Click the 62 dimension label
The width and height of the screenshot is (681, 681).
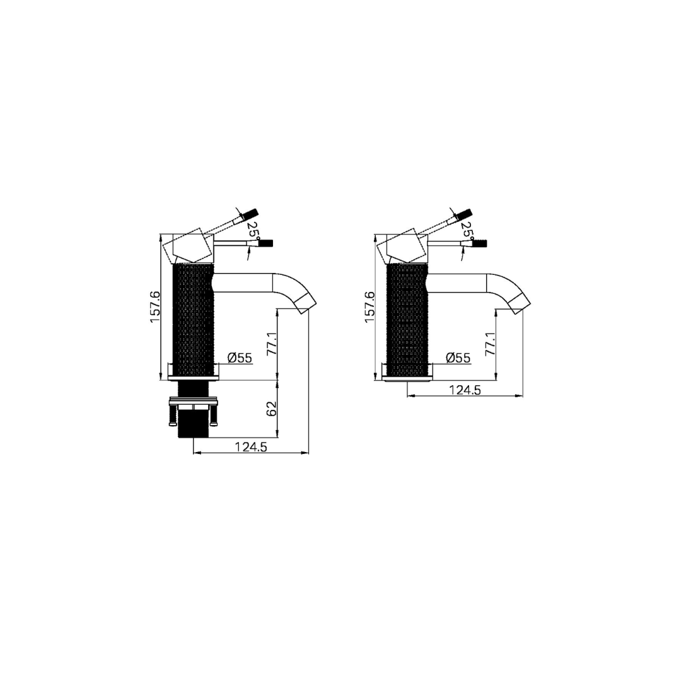[272, 409]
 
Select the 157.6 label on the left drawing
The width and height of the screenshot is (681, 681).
[155, 307]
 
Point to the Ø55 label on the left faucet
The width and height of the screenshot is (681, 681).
[240, 358]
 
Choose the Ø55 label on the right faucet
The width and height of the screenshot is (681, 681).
[458, 358]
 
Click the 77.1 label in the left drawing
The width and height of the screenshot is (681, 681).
[272, 344]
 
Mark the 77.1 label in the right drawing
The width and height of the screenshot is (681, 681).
[490, 344]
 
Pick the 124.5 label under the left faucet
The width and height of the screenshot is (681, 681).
[251, 447]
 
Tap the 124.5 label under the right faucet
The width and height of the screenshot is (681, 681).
[465, 390]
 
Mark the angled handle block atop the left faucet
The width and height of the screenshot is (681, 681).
[190, 248]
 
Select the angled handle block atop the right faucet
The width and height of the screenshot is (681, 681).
[405, 248]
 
